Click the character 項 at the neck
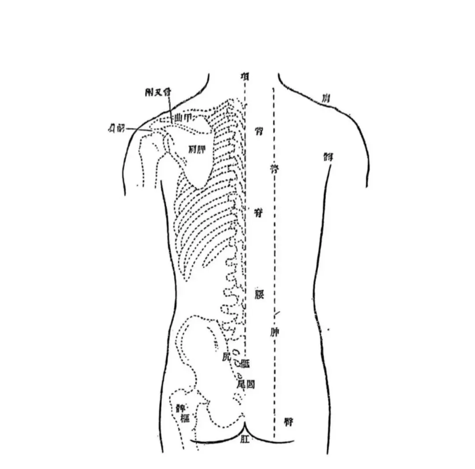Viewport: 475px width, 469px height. click(245, 76)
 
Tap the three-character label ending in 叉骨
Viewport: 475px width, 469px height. click(158, 92)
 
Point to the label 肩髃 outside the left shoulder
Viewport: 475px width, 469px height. click(116, 128)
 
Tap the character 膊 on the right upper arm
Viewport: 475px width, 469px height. click(328, 156)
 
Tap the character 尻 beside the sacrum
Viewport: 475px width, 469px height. click(226, 357)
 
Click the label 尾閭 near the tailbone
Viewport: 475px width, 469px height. click(245, 384)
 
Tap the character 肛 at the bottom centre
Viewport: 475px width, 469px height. click(245, 439)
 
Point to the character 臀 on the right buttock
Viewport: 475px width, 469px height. click(289, 422)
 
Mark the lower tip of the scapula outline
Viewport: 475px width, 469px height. click(200, 188)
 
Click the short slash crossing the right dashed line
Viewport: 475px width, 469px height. click(277, 313)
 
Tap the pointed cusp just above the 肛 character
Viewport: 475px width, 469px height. click(245, 425)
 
